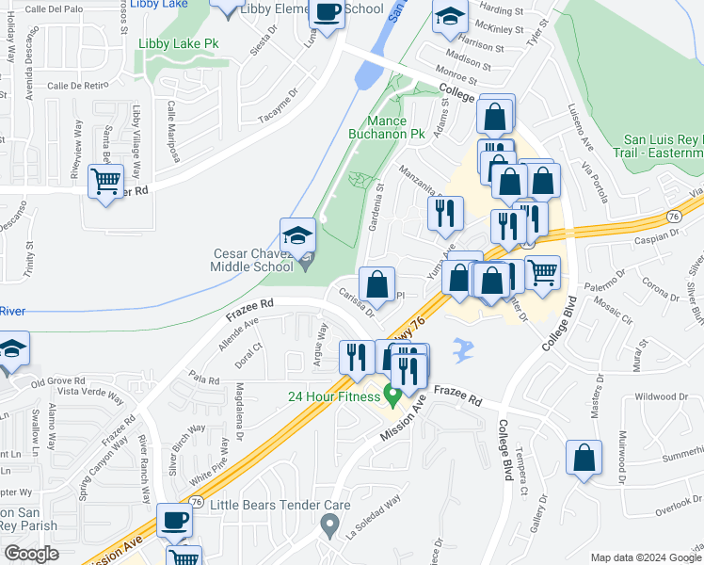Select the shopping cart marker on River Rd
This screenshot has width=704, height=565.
point(105,180)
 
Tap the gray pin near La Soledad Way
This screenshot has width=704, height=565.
point(328,524)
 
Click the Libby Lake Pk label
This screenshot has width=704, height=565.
point(179,43)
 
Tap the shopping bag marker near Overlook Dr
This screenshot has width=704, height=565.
point(584,458)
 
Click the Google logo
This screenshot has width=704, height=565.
point(32,554)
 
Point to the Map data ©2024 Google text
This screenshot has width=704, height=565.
point(645,557)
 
